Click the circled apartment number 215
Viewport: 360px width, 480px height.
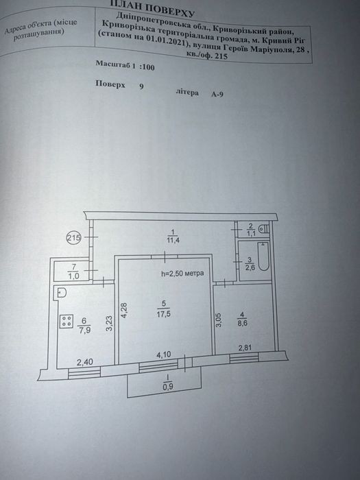(x=74, y=237)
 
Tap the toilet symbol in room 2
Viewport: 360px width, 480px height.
(x=263, y=228)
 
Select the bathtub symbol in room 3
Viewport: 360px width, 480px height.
(x=263, y=256)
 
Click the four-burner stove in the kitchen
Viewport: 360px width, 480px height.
(x=66, y=322)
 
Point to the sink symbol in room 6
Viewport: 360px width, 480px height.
(x=61, y=292)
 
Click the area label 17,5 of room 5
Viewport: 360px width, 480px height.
(x=164, y=314)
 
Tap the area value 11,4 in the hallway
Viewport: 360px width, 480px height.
(x=173, y=240)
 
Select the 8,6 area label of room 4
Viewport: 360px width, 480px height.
(x=242, y=323)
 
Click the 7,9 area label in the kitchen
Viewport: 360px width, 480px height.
(x=84, y=331)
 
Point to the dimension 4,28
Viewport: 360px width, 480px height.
(x=124, y=311)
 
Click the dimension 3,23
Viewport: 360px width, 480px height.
(x=109, y=324)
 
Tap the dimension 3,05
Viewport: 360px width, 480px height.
(x=219, y=320)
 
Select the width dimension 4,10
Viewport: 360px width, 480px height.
(x=164, y=355)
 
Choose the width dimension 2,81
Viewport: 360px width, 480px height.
(x=245, y=348)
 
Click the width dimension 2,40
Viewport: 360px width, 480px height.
(x=85, y=363)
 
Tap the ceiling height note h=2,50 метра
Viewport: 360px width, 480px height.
(x=182, y=273)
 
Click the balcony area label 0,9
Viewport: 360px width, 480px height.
(x=168, y=387)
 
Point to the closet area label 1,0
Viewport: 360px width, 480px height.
(x=73, y=276)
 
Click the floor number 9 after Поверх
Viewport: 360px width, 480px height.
(x=141, y=86)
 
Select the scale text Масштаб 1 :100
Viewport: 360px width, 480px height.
(x=125, y=65)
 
